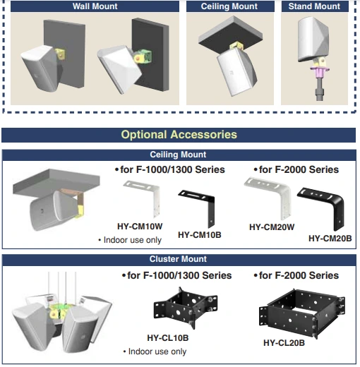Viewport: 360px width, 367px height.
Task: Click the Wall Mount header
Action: point(95,6)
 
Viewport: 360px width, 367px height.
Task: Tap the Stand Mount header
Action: point(314,6)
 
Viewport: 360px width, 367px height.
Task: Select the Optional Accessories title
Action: point(179,135)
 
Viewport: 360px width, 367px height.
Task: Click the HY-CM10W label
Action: point(140,227)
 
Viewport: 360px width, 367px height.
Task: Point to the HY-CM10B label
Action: point(200,235)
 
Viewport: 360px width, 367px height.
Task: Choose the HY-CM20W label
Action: point(272,227)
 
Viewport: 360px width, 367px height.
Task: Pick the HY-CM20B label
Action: point(330,239)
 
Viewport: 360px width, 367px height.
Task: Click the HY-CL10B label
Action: point(168,338)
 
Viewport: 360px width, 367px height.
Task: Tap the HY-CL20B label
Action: point(284,343)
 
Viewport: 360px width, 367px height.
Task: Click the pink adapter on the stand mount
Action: point(320,71)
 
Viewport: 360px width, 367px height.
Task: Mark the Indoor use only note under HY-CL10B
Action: point(155,351)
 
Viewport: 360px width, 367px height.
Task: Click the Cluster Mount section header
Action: point(178,259)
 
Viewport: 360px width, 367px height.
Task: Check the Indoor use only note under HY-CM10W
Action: point(130,240)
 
